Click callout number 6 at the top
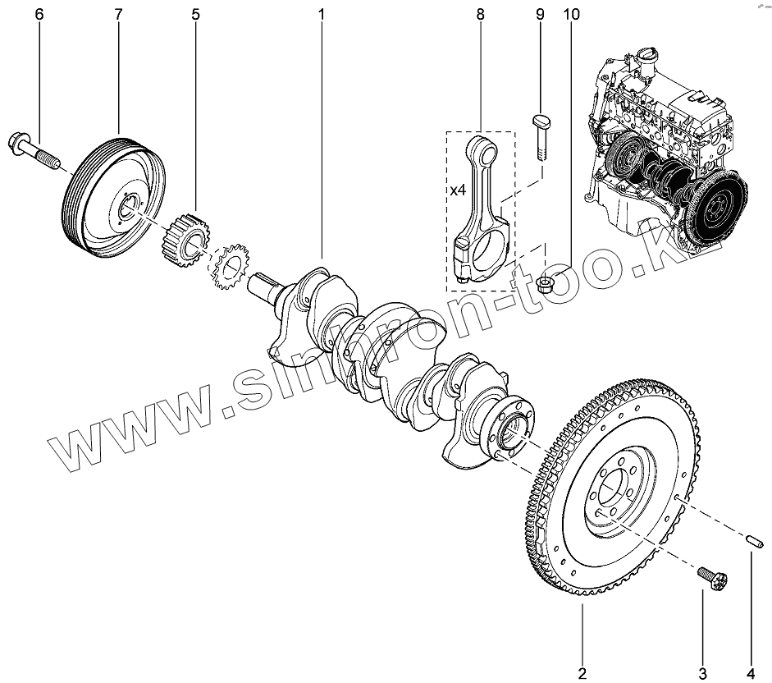(38, 15)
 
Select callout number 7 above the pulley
(118, 15)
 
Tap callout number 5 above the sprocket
(195, 15)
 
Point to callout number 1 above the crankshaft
(322, 15)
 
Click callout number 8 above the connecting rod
(480, 15)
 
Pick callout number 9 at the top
(540, 15)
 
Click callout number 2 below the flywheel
(582, 673)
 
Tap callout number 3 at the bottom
(702, 673)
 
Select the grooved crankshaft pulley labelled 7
(115, 197)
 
